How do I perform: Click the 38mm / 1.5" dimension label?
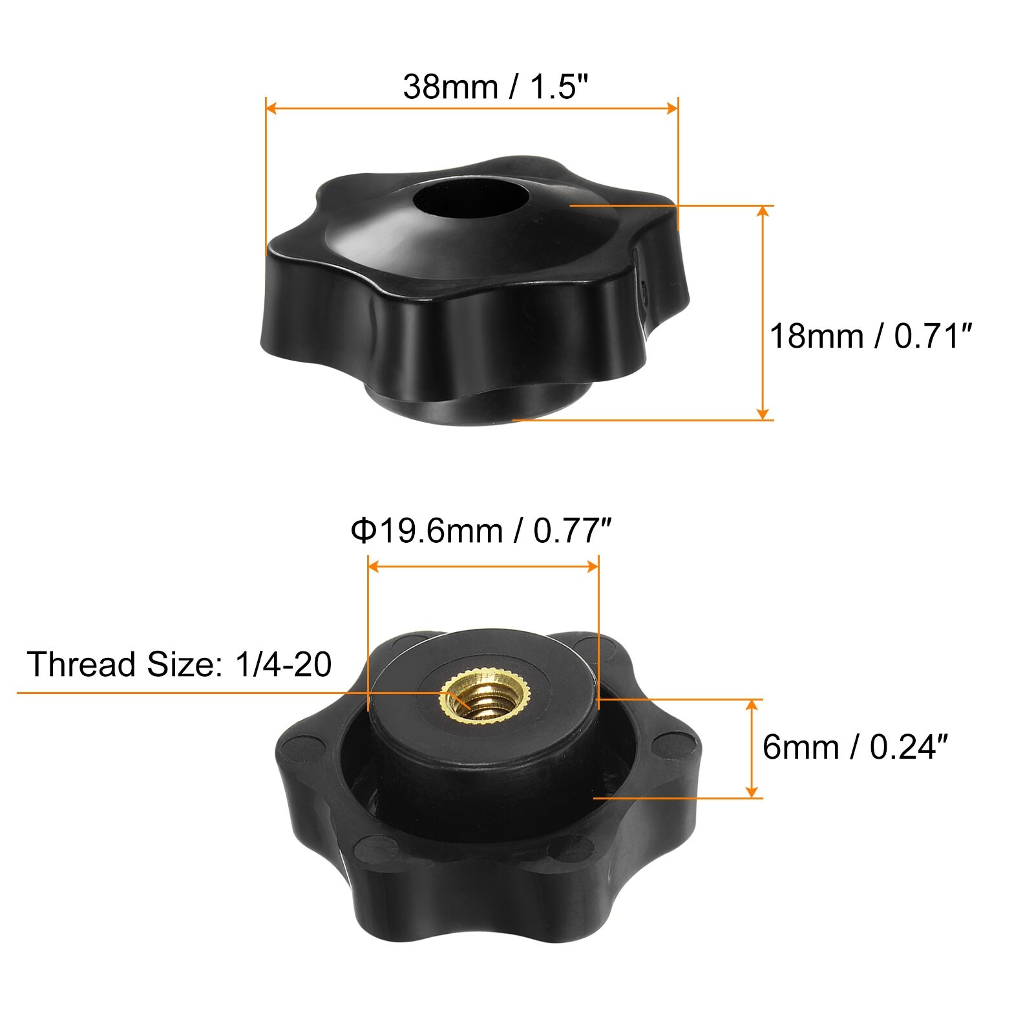point(496,87)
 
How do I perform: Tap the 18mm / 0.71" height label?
point(870,337)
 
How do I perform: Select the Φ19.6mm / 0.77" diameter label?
point(480,531)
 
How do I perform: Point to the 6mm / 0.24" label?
point(854,747)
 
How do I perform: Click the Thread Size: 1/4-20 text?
point(179,664)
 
